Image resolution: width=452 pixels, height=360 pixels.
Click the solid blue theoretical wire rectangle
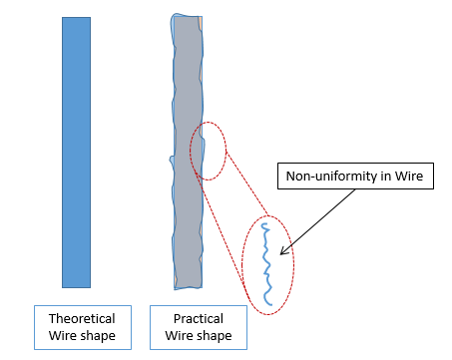click(76, 152)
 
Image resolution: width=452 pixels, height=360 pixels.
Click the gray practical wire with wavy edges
click(187, 152)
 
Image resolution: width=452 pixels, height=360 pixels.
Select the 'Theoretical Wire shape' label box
click(82, 327)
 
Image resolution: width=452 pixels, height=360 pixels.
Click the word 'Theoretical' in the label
click(82, 318)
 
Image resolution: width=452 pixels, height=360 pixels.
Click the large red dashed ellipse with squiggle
click(267, 265)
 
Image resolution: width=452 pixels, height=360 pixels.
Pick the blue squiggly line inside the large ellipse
click(266, 263)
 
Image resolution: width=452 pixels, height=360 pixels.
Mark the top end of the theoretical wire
click(76, 19)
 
